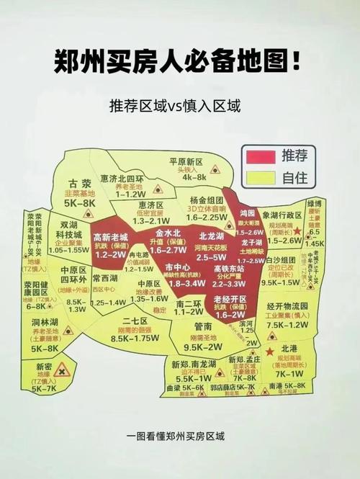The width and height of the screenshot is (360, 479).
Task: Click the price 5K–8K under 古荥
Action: [x=79, y=204]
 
